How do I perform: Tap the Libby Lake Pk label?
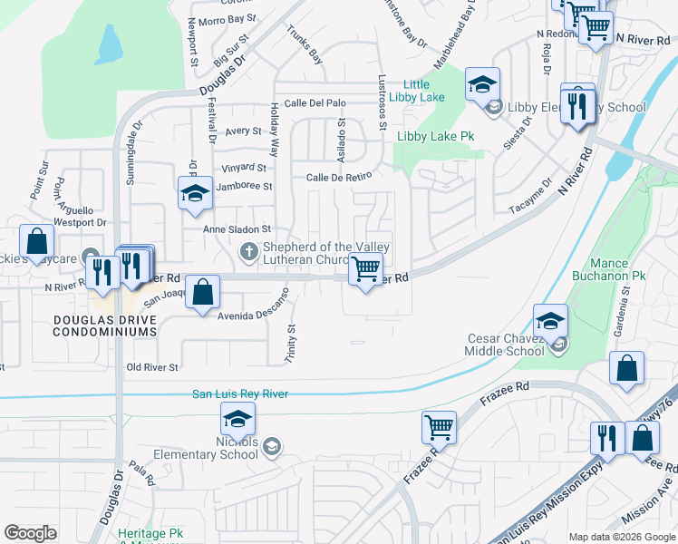click(435, 136)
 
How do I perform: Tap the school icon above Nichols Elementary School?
click(237, 419)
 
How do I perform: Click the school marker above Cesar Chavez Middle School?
click(550, 320)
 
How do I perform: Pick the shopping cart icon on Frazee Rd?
click(439, 425)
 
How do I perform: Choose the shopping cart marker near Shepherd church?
click(365, 268)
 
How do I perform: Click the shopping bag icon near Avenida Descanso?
click(204, 292)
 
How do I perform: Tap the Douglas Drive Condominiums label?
click(104, 325)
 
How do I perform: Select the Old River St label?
click(152, 367)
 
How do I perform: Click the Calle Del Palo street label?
click(315, 103)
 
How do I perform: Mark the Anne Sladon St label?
click(237, 230)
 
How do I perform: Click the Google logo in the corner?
click(30, 532)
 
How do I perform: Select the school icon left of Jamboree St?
click(194, 193)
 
